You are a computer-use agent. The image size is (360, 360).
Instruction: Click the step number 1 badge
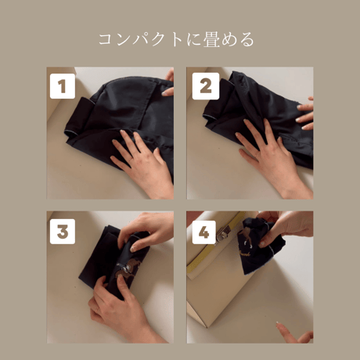tap(63, 86)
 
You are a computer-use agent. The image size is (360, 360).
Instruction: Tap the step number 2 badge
tap(205, 86)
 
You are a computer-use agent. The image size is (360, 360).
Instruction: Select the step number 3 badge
tap(63, 231)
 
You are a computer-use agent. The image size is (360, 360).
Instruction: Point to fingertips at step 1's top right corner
tap(168, 82)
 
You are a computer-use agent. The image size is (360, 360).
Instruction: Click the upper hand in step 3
tap(149, 231)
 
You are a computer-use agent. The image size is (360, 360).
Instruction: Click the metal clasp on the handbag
tap(224, 232)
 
